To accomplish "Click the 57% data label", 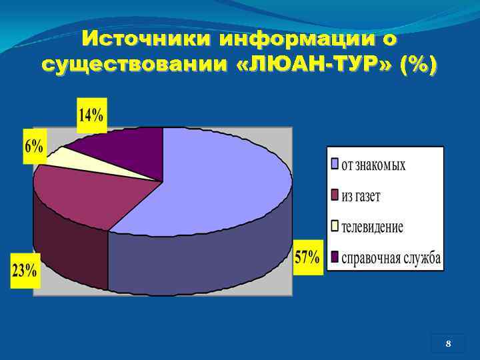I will (x=307, y=256).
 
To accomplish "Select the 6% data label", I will (x=34, y=146).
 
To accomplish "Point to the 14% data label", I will (x=91, y=114).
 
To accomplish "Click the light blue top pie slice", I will (x=220, y=180).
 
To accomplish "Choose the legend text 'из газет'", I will (x=361, y=196).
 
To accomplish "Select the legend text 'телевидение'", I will (x=372, y=227).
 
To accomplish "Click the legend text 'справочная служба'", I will (x=391, y=258).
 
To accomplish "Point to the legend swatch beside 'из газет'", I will (x=335, y=195).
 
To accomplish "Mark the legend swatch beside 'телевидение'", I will (x=335, y=225).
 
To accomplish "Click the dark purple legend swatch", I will (x=335, y=257).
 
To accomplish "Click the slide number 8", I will (x=448, y=344).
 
